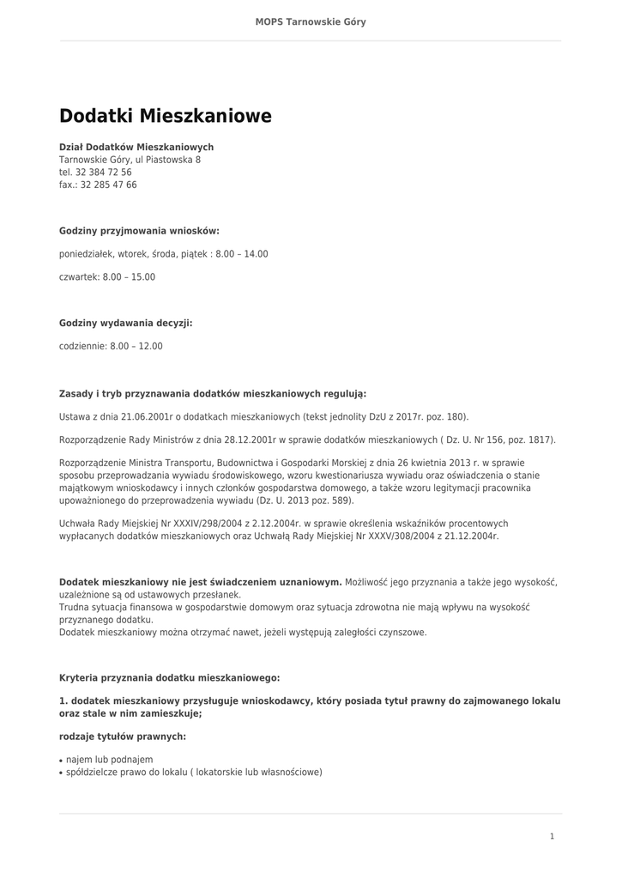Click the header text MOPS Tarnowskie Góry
[x=311, y=21]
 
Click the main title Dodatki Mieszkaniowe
[x=165, y=116]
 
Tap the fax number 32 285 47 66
[x=109, y=185]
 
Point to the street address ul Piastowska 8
[x=167, y=160]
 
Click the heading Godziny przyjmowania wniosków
[x=139, y=231]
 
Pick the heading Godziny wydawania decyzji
[x=125, y=324]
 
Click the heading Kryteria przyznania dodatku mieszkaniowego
[x=169, y=677]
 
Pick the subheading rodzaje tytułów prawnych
[x=122, y=737]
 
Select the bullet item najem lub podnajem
[x=109, y=760]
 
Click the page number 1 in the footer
[x=552, y=836]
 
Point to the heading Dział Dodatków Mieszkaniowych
[x=136, y=147]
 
